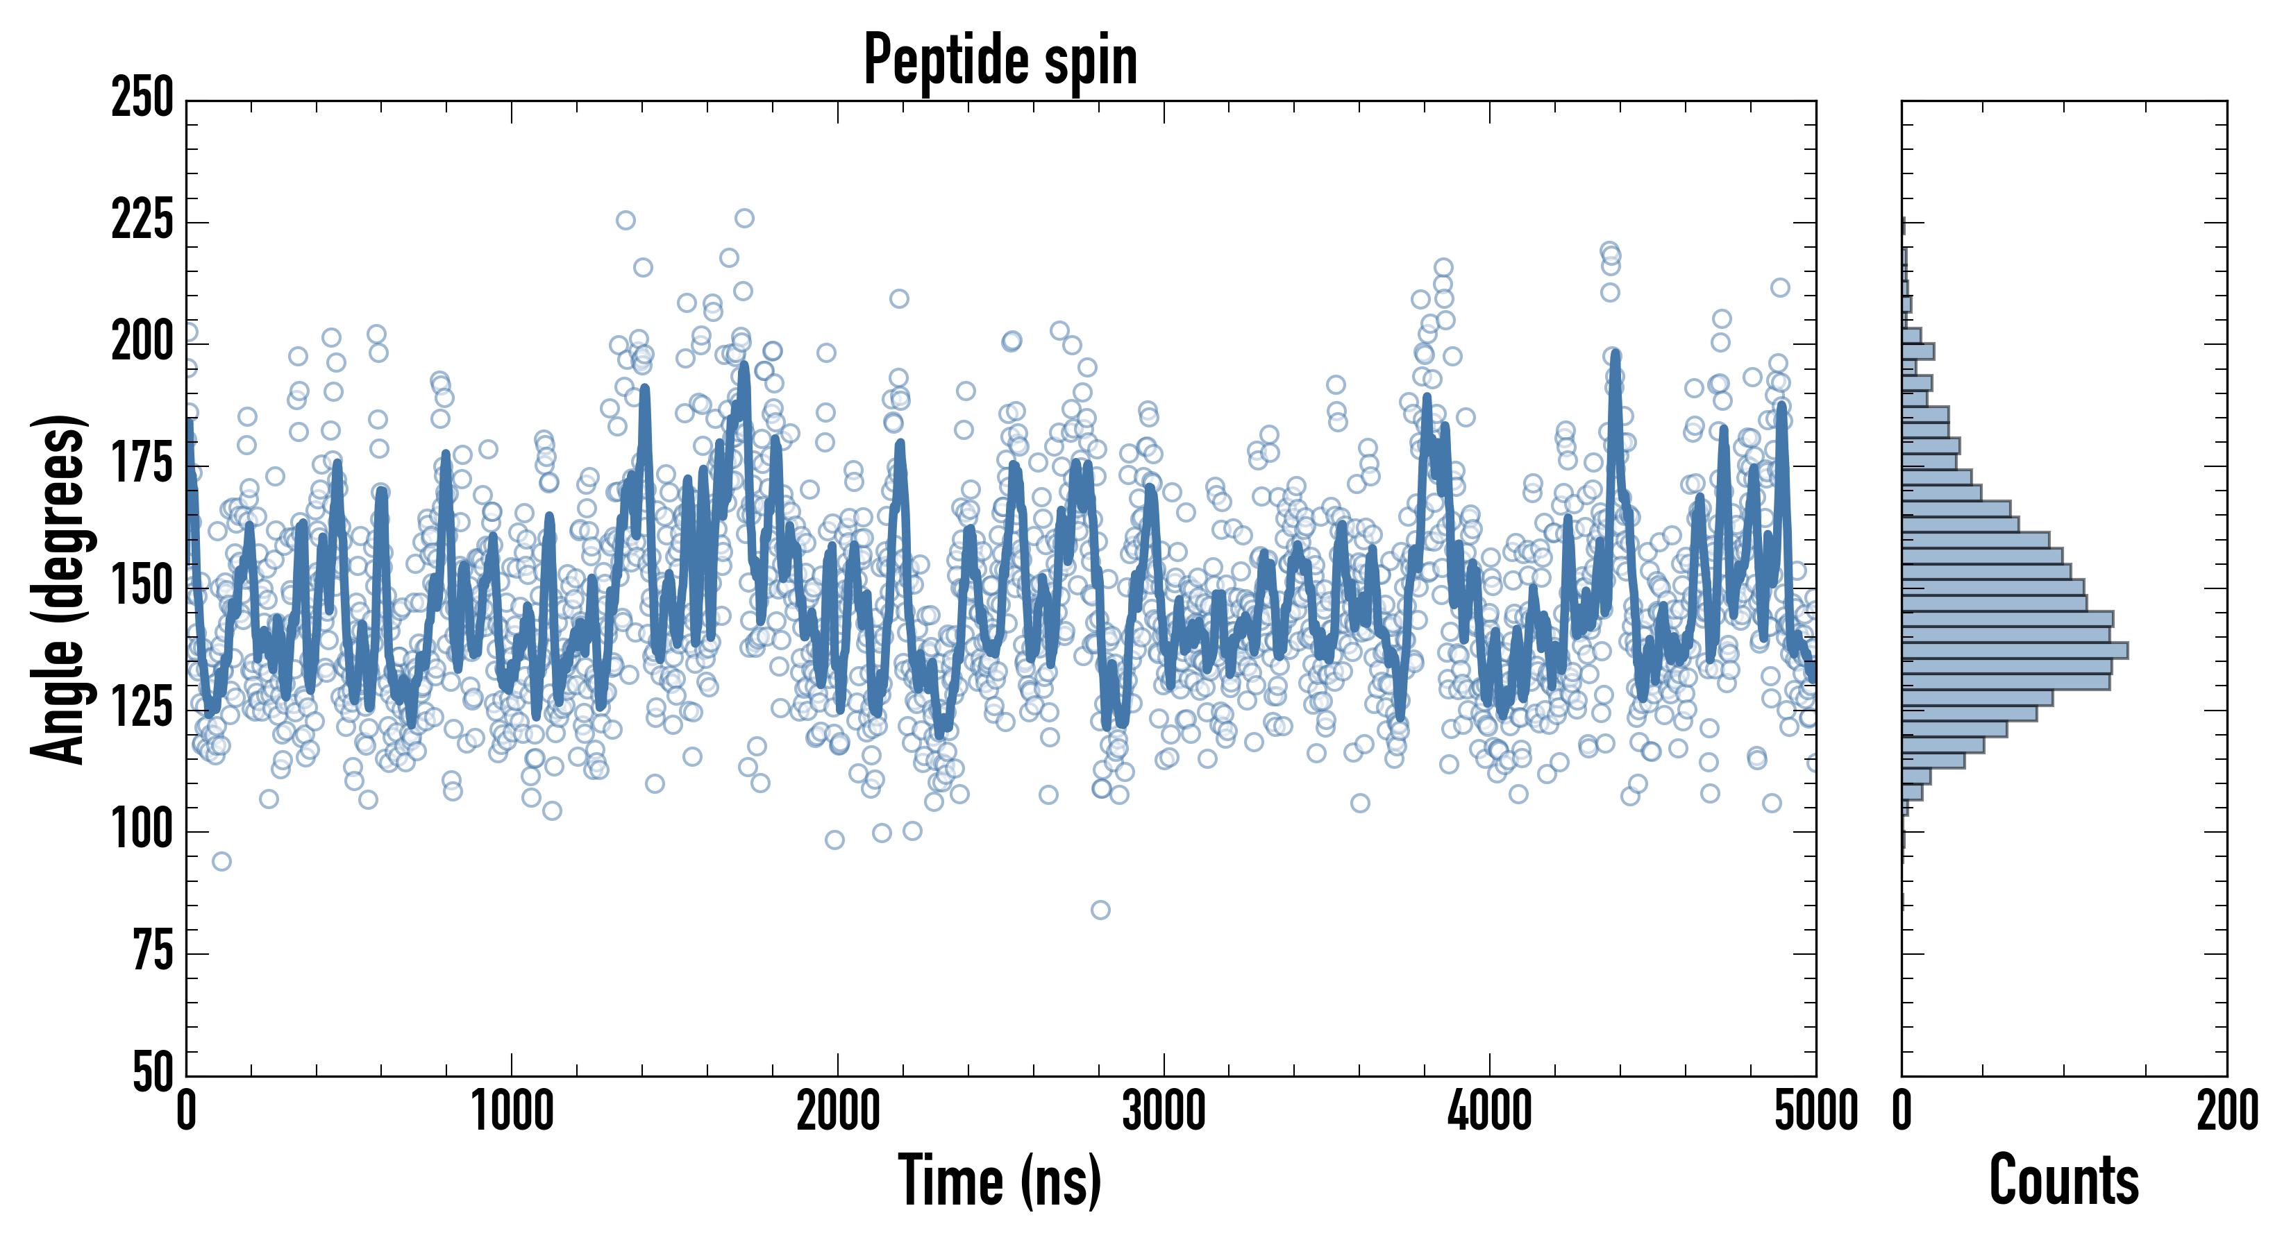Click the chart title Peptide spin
click(1000, 60)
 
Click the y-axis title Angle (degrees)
click(59, 588)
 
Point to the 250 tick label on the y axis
click(142, 98)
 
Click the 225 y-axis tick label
click(142, 221)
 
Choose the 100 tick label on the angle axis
click(142, 831)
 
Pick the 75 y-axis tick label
click(153, 952)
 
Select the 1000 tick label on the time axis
click(512, 1111)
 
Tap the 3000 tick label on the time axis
click(1164, 1111)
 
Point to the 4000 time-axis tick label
click(1490, 1111)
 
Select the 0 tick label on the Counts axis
click(1902, 1111)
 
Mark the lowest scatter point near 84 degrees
click(1100, 910)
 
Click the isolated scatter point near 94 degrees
click(221, 860)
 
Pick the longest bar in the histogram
click(2015, 651)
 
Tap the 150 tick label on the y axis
click(142, 587)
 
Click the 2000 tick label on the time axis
click(838, 1111)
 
